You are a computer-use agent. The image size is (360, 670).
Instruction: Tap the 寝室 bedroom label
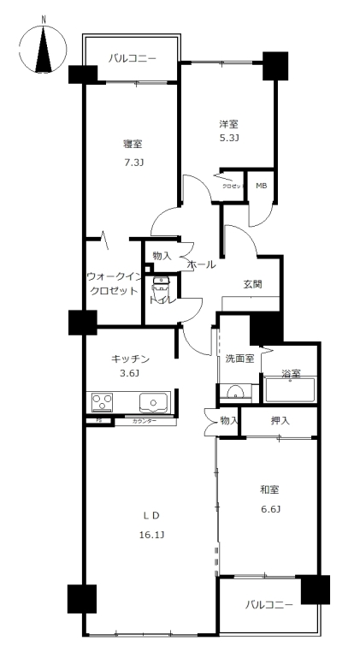tap(132, 144)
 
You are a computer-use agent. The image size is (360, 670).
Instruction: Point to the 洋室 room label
tap(227, 124)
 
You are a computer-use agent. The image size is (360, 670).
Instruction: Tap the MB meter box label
tap(261, 184)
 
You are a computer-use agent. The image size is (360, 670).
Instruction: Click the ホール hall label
tap(200, 264)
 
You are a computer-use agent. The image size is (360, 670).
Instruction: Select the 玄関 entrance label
tap(251, 284)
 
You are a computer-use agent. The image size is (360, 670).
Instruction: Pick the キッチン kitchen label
tap(131, 359)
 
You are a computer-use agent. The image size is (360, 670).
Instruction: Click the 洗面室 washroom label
tap(239, 359)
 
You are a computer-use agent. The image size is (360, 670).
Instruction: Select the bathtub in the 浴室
tap(290, 390)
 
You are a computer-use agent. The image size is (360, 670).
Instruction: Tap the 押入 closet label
tap(280, 420)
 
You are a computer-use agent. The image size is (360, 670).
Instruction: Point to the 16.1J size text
tap(151, 535)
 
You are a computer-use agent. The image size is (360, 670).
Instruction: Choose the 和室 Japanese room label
tap(270, 489)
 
